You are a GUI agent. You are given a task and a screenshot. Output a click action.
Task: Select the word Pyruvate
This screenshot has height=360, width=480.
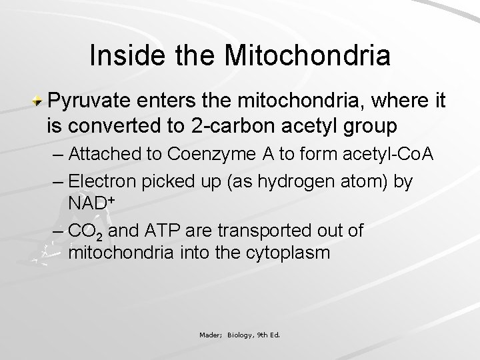pos(92,101)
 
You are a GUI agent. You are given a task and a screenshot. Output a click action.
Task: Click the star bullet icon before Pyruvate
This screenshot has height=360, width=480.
pos(40,101)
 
